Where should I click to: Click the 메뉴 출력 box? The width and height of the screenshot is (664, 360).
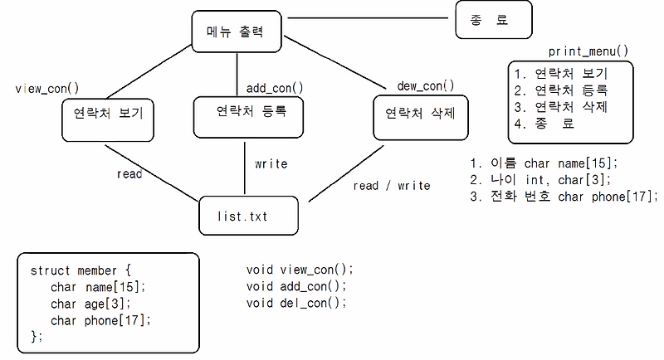tap(237, 32)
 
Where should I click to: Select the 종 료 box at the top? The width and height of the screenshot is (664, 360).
tap(492, 21)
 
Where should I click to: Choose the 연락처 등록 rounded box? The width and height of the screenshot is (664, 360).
tap(245, 114)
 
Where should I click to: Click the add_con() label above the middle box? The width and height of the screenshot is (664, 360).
tap(275, 87)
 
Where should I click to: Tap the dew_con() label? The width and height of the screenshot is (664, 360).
tap(426, 85)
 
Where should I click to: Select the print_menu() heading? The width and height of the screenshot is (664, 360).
tap(588, 51)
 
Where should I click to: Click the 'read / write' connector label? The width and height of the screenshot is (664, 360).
tap(392, 185)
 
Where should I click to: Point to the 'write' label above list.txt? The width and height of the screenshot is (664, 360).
tap(271, 163)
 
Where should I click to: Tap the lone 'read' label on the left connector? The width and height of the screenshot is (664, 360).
tap(129, 174)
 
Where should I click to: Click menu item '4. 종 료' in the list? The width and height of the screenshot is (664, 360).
tap(544, 124)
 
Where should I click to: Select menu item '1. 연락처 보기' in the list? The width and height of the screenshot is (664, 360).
tap(561, 72)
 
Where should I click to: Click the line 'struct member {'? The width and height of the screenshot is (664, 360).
tap(81, 270)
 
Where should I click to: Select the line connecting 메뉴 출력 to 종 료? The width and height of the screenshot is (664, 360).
tap(369, 17)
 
